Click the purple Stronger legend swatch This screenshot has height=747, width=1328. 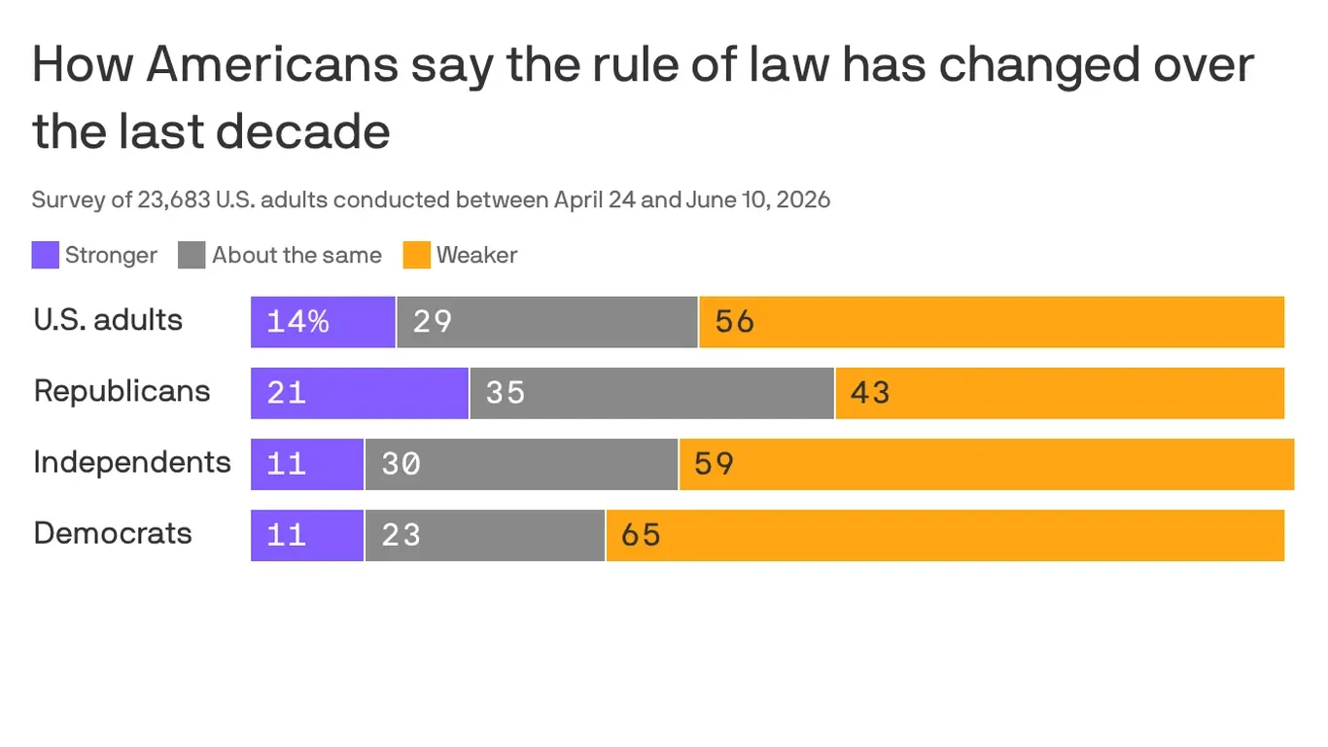point(45,255)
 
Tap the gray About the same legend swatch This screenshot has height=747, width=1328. point(192,255)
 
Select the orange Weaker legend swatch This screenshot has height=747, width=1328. point(417,255)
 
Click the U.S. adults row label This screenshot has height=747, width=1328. point(108,320)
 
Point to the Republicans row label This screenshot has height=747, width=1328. point(122,391)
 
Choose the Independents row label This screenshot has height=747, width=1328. point(132,462)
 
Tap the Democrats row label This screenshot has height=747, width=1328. point(113,533)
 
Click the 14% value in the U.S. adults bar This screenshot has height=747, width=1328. point(297,322)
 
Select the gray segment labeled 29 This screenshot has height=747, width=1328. point(547,322)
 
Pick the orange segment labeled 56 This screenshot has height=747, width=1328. point(992,322)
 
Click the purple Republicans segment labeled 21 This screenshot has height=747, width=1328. point(360,393)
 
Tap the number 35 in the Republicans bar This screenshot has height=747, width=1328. point(506,393)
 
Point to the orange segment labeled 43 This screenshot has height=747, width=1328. point(1060,393)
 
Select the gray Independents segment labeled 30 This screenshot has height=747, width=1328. point(522,465)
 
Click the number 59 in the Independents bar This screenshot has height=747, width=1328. point(715,464)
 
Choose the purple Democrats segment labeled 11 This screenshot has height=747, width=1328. point(307,535)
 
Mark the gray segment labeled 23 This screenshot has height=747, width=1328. point(485,535)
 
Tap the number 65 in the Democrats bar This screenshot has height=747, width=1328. point(641,535)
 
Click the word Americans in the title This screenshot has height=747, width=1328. point(272,64)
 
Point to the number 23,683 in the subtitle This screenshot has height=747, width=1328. point(174,200)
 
